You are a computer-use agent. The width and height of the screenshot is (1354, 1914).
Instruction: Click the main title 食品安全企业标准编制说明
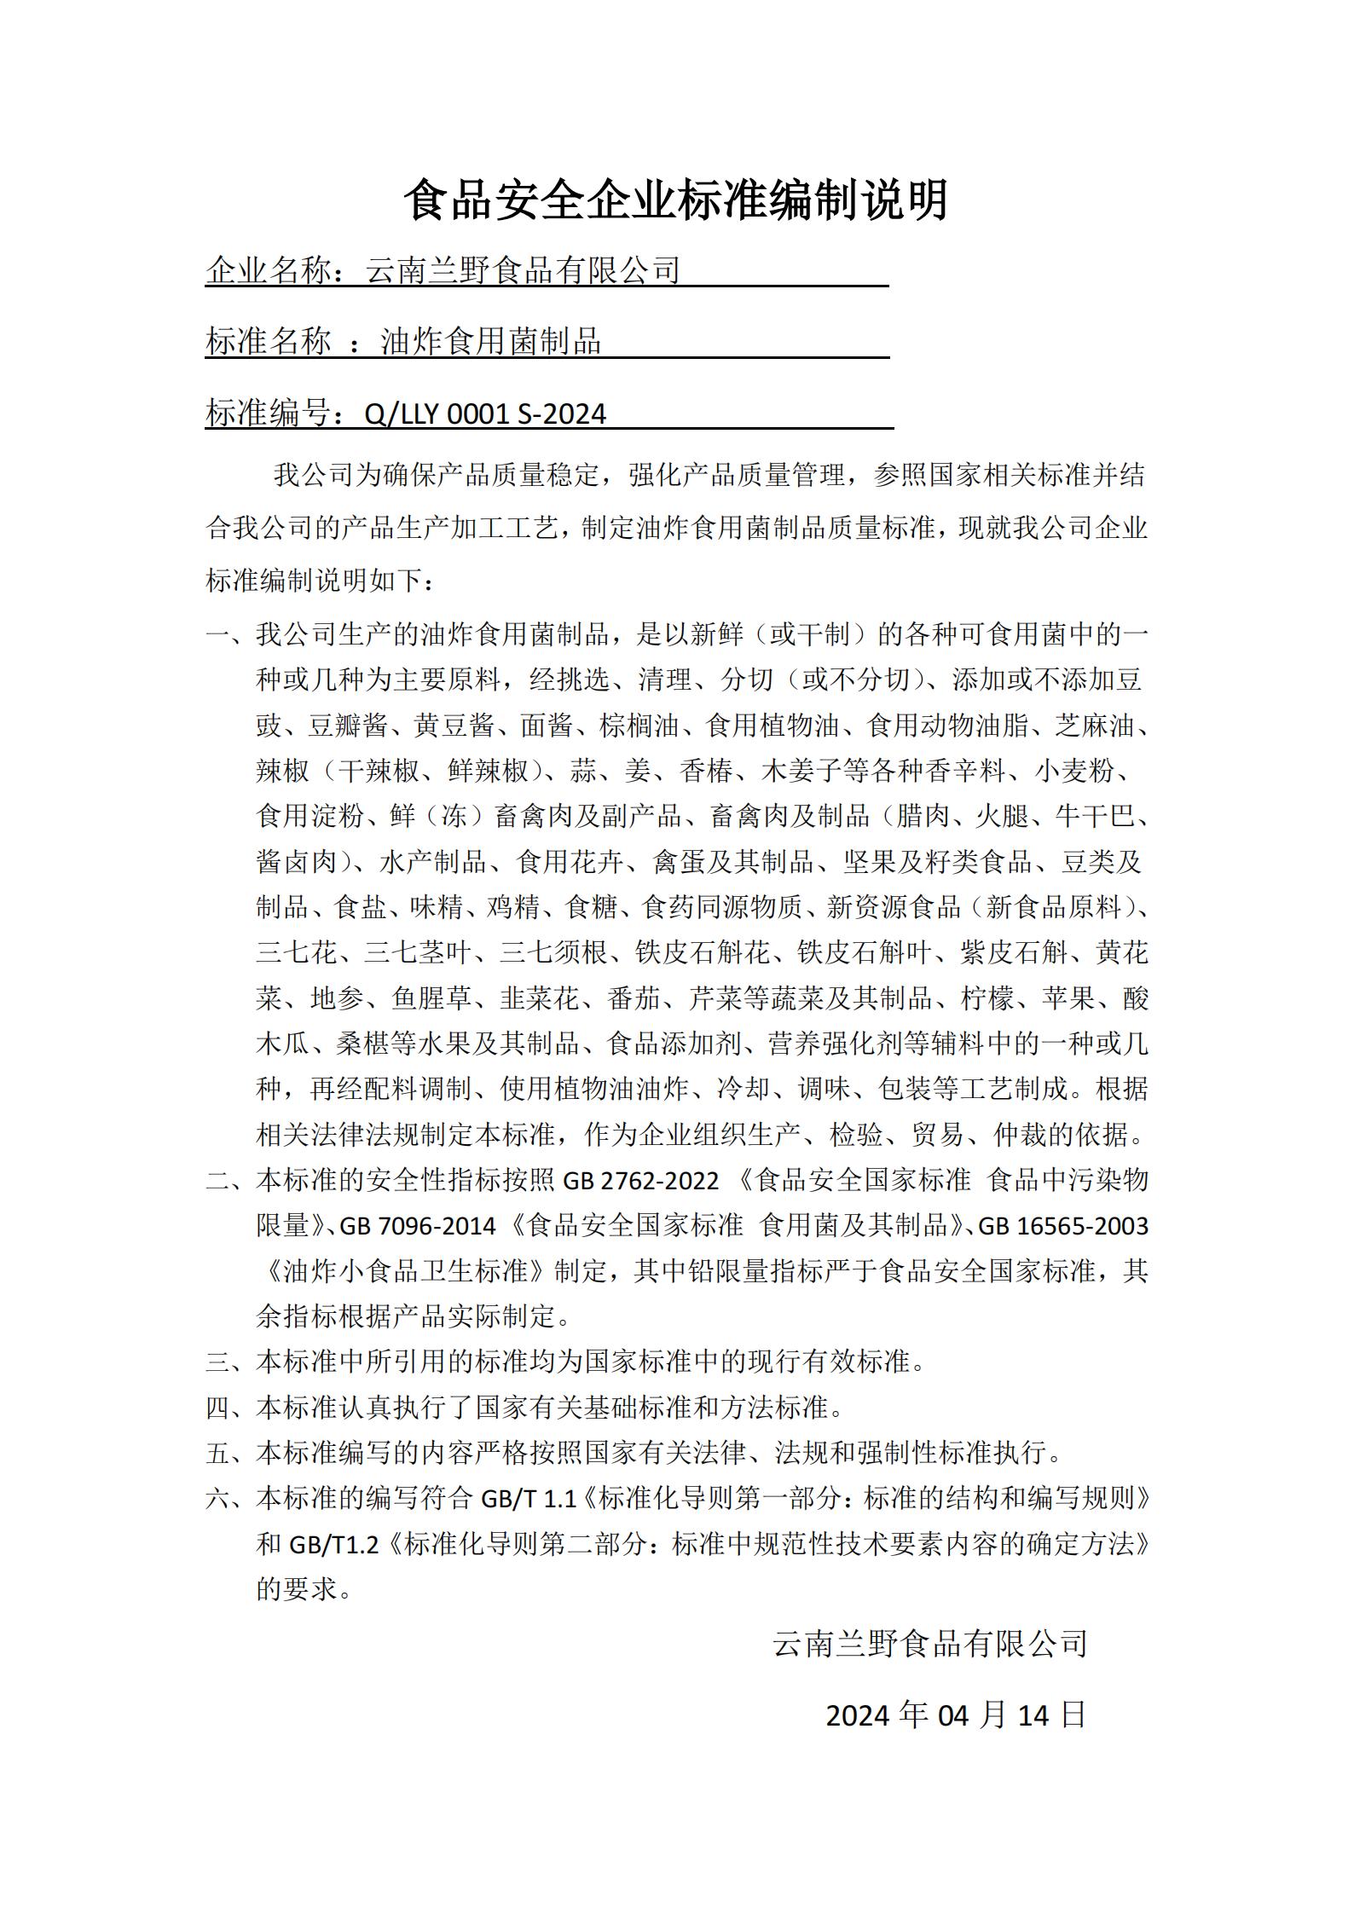click(x=676, y=201)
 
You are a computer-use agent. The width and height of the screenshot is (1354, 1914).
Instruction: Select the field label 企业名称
click(x=268, y=270)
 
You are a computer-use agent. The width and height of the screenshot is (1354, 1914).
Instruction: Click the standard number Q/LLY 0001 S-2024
click(x=484, y=414)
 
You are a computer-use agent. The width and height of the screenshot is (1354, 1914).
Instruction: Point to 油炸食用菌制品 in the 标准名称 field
click(x=490, y=342)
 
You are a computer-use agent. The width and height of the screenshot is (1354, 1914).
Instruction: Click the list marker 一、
click(x=229, y=635)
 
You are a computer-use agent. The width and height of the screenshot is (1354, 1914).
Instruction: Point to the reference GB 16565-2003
click(x=1063, y=1226)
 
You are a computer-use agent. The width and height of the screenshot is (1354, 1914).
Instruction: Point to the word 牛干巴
click(x=1095, y=817)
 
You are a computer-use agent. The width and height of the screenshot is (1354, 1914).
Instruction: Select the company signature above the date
click(x=929, y=1643)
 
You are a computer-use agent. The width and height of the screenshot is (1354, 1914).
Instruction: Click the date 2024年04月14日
click(x=955, y=1715)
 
